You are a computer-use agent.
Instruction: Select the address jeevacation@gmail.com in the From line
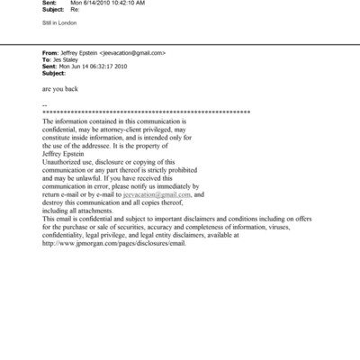(132, 53)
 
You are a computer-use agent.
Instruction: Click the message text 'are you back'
(59, 91)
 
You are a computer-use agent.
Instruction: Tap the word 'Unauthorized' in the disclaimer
(66, 161)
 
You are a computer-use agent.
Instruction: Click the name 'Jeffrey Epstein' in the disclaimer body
(67, 153)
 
